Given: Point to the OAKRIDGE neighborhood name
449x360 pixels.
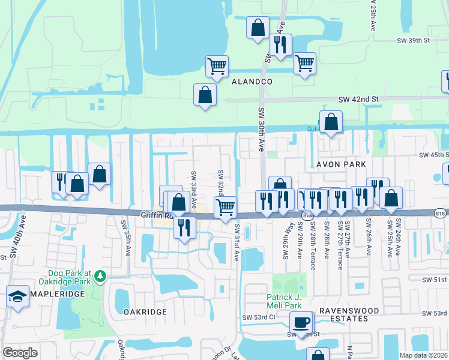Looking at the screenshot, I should (144, 312).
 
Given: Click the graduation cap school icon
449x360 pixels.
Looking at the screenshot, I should (17, 296).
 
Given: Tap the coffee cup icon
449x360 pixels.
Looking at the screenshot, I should (301, 323).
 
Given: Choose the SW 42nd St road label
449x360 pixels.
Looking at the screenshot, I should (359, 99).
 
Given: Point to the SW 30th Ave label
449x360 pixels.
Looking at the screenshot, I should (261, 132).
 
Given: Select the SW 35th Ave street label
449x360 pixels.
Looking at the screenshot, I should (128, 239).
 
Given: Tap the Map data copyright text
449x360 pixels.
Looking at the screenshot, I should (423, 355).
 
